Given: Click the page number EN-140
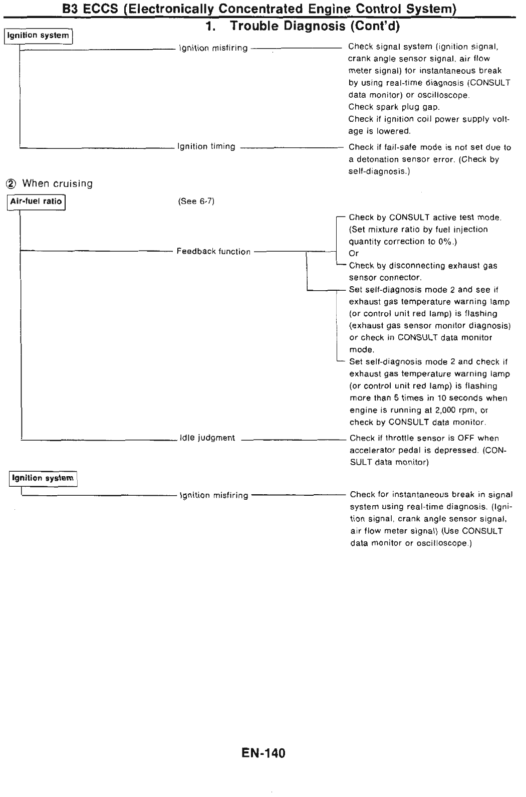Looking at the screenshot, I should pos(263,753).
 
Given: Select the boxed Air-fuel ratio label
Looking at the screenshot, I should pos(36,202).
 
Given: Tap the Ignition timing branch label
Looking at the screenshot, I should pos(206,146).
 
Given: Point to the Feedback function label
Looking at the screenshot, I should pos(213,252).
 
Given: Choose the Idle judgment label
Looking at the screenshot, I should pos(207,438).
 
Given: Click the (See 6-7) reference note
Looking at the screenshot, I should pos(196,202).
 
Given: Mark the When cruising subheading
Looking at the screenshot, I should pos(57,183).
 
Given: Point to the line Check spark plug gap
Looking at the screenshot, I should pos(394,107).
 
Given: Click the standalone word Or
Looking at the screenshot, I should pos(354,254).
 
